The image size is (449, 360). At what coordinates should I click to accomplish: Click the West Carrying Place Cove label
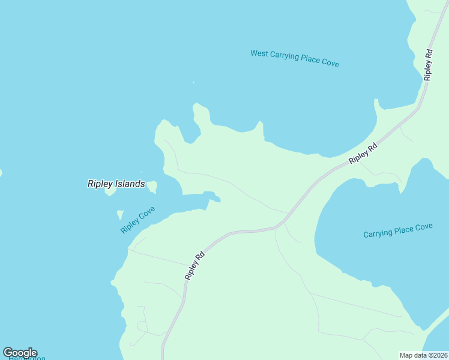295,58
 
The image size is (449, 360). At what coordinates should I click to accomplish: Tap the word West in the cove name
259,54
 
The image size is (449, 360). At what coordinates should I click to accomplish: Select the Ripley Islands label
116,184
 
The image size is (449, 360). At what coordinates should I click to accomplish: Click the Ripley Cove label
138,220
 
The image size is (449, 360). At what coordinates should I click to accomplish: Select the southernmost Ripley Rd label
196,266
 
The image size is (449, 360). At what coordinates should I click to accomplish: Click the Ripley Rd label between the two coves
364,153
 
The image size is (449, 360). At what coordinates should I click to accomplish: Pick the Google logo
20,353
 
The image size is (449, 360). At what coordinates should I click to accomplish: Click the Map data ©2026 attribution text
423,355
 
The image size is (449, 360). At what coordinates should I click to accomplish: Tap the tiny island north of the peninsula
193,83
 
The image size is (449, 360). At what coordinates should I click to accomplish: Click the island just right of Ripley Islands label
152,187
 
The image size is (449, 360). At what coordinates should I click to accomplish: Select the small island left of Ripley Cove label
120,214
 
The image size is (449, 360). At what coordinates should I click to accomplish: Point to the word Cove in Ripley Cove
147,214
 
